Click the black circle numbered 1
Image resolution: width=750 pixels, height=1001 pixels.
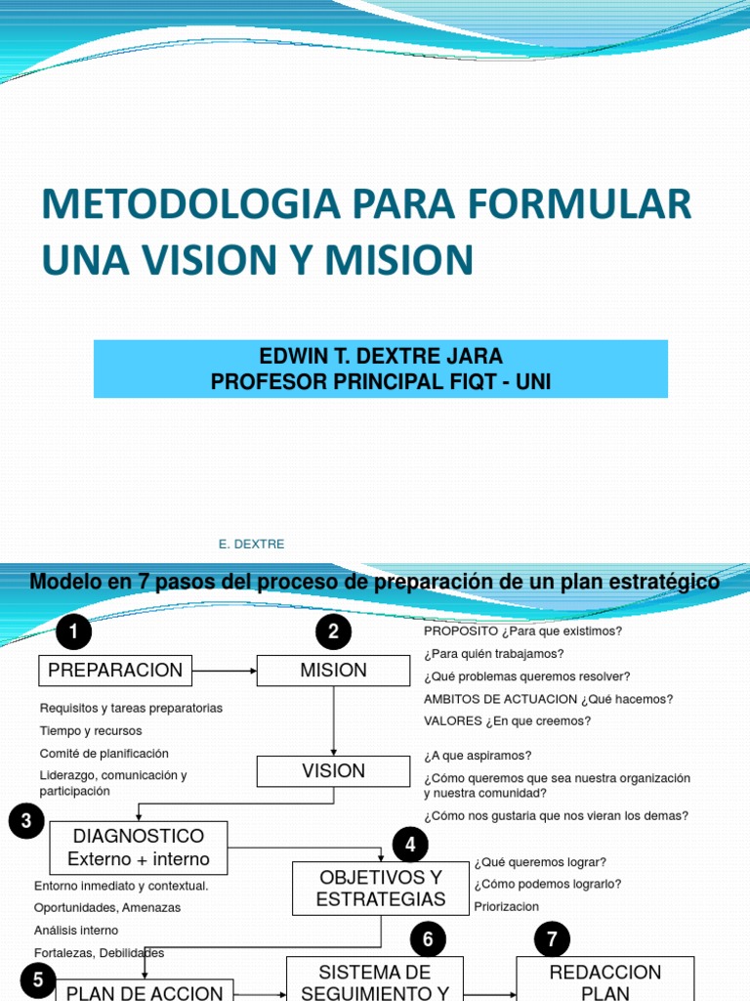pos(74,632)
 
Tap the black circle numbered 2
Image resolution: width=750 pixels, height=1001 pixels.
pos(334,632)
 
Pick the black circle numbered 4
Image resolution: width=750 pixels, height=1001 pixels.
pos(410,844)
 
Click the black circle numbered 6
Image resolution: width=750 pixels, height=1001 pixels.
pos(427,941)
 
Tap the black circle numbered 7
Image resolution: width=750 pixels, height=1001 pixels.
pos(552,941)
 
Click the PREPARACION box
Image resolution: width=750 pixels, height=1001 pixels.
pos(115,671)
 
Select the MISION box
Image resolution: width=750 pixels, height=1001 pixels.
pos(334,671)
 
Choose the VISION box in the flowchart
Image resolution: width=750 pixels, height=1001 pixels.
pos(334,771)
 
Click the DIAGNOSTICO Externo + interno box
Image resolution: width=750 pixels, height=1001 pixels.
pos(138,848)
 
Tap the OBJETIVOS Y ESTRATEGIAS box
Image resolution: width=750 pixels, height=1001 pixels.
pos(381,888)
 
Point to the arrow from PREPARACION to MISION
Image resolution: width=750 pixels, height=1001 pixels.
pos(225,671)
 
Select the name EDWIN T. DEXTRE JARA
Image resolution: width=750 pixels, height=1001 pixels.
pos(381,356)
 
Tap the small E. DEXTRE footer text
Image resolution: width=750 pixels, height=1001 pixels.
pos(252,544)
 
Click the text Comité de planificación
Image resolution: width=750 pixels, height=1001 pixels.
pos(104,753)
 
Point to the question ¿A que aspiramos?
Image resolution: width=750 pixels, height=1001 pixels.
pos(478,756)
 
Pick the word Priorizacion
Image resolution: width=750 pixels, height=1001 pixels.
pos(506,906)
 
